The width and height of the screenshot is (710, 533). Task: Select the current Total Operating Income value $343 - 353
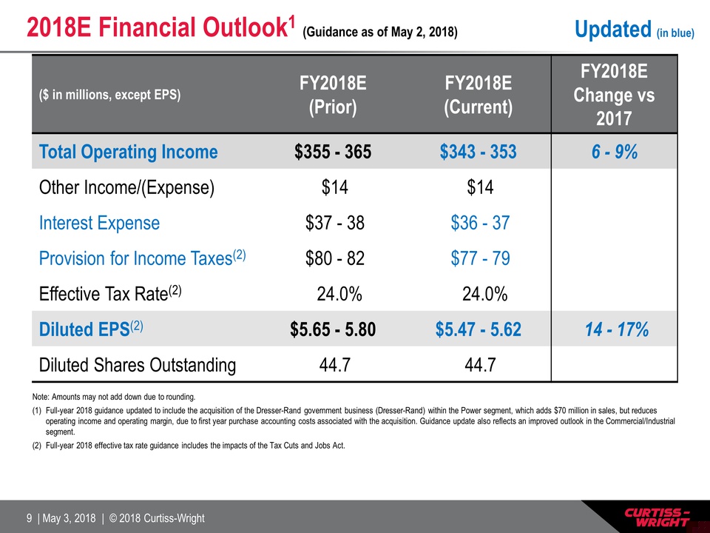point(478,152)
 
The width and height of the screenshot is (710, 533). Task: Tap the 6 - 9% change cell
point(614,152)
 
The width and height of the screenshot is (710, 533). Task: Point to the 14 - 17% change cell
point(614,329)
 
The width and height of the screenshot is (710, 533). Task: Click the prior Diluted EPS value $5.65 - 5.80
point(333,329)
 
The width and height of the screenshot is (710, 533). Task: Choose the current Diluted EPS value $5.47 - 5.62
point(478,329)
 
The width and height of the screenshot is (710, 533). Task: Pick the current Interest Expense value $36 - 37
point(479,223)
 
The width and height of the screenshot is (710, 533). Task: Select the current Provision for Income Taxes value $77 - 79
point(479,258)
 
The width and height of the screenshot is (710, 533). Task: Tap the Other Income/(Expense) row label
point(126,188)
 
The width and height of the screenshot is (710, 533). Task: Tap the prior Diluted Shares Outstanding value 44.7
point(334,364)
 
